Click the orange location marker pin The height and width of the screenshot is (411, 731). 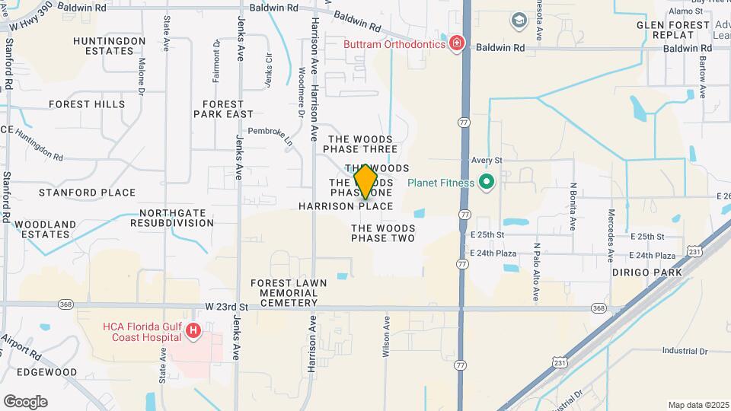click(x=365, y=181)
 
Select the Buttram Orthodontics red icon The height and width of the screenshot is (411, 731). click(x=456, y=43)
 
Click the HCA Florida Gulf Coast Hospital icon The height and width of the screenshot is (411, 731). click(x=193, y=330)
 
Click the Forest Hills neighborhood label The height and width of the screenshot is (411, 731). click(x=86, y=104)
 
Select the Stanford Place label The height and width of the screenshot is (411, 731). click(x=87, y=193)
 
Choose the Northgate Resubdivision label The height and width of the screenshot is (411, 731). click(x=172, y=218)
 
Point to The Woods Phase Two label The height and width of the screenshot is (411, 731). click(x=383, y=233)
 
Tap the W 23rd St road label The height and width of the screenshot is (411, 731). click(x=227, y=307)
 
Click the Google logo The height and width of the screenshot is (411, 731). click(x=25, y=401)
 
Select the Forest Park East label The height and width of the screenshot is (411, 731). click(x=223, y=109)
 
